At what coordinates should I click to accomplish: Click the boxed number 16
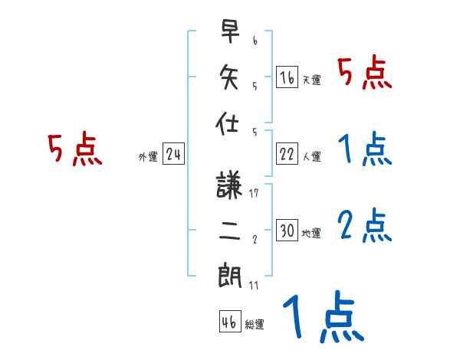(x=287, y=77)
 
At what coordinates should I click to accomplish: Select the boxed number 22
(x=287, y=154)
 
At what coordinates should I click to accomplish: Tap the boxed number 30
(x=287, y=231)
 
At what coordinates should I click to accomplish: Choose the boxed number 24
(x=173, y=155)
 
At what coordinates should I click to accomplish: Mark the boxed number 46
(x=229, y=322)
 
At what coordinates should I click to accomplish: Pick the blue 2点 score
(x=365, y=225)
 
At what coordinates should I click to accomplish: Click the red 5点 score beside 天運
(x=365, y=74)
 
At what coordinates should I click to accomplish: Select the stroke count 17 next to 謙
(x=254, y=193)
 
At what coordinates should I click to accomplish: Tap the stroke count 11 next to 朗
(x=254, y=285)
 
